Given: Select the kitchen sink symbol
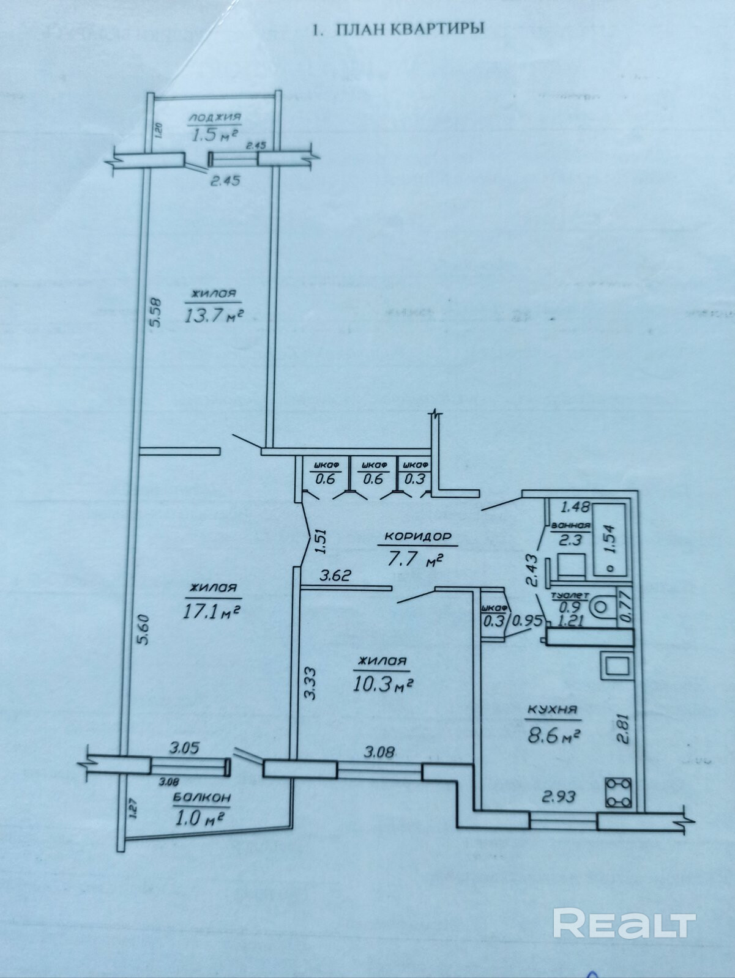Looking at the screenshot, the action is pos(616,666).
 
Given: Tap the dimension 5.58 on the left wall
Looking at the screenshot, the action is pos(155,312).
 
